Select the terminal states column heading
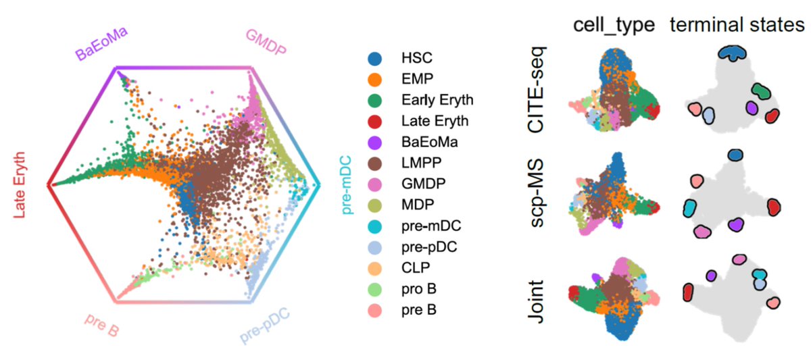[736, 25]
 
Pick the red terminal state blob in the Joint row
[689, 292]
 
